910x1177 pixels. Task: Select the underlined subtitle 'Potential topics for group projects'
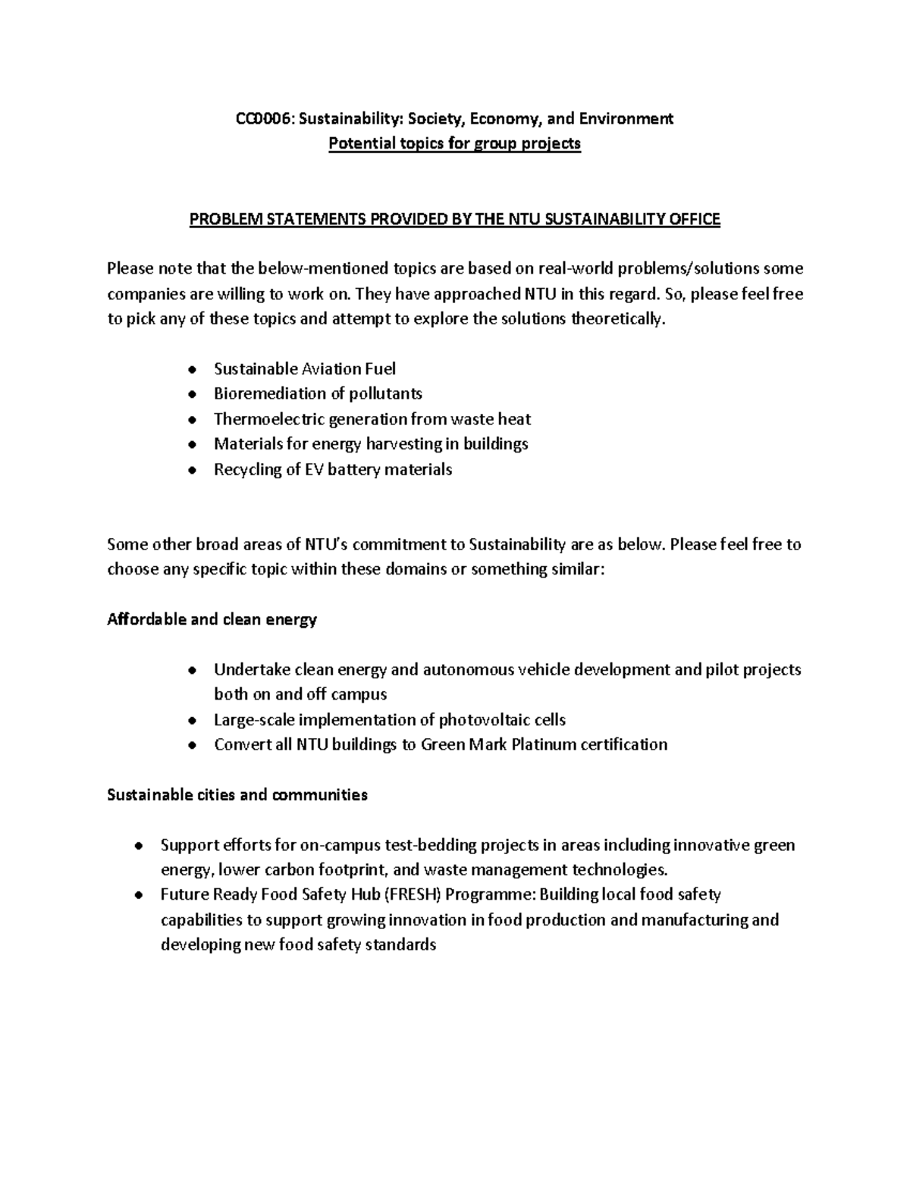pos(454,143)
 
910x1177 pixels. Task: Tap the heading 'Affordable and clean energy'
pos(212,619)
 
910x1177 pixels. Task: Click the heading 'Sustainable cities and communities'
pos(237,794)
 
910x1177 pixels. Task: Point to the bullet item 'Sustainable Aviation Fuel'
pos(304,369)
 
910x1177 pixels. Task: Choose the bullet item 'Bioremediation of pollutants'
pos(318,394)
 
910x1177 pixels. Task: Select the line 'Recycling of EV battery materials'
pos(332,469)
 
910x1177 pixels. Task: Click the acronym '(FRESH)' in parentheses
pos(413,894)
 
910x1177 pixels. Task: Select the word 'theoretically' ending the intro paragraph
pos(617,319)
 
